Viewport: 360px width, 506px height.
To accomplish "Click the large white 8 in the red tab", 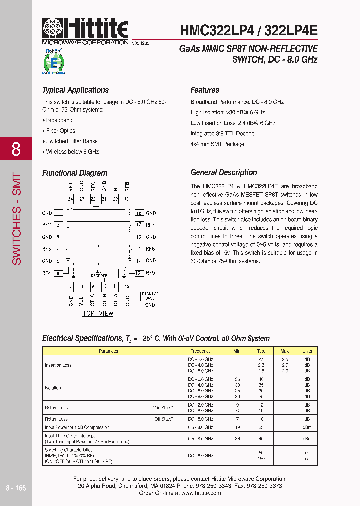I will pyautogui.click(x=16, y=149).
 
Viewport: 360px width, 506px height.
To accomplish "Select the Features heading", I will pyautogui.click(x=205, y=90).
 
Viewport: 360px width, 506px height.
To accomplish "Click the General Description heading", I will pyautogui.click(x=224, y=173).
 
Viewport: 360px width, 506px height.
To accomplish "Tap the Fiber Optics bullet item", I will pyautogui.click(x=60, y=131).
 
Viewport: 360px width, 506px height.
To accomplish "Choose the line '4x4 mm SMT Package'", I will pyautogui.click(x=217, y=144).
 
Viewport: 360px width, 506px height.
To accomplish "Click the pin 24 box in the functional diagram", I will pyautogui.click(x=70, y=199).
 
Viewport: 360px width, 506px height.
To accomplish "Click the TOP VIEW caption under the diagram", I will pyautogui.click(x=98, y=313).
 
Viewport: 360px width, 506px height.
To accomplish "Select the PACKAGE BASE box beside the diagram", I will pyautogui.click(x=150, y=296).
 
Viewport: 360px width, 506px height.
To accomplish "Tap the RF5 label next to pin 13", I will pyautogui.click(x=150, y=273).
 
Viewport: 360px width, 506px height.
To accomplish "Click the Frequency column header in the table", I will pyautogui.click(x=200, y=351).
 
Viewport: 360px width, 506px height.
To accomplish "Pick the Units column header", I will pyautogui.click(x=307, y=351).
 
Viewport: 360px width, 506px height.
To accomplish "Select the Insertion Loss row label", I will pyautogui.click(x=58, y=365).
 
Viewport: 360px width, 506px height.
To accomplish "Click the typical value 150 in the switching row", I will pyautogui.click(x=261, y=458).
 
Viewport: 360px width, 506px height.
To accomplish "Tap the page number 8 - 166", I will pyautogui.click(x=16, y=488).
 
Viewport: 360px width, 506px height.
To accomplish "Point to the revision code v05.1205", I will pyautogui.click(x=141, y=44).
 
